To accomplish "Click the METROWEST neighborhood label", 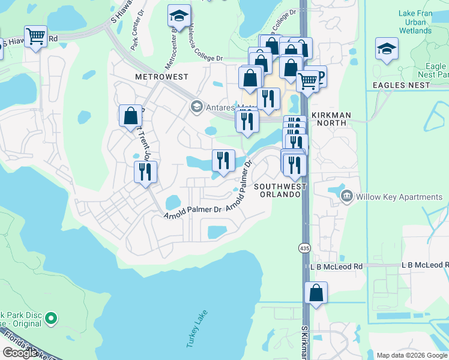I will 161,77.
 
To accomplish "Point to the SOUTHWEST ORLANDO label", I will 280,190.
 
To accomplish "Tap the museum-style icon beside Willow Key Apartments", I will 347,196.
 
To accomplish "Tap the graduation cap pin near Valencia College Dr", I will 178,18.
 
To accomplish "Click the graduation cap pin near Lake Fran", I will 387,49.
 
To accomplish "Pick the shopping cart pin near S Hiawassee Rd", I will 36,37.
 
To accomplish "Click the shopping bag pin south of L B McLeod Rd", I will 316,294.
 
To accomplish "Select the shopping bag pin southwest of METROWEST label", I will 130,116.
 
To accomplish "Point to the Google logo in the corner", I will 21,353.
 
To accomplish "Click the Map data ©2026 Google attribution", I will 411,355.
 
